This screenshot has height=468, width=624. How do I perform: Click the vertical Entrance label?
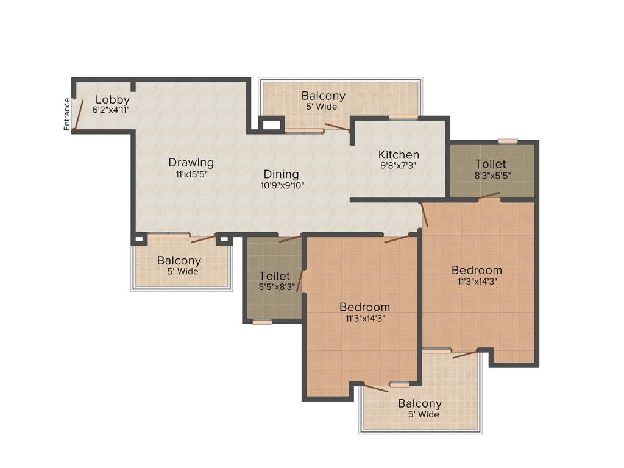pyautogui.click(x=68, y=114)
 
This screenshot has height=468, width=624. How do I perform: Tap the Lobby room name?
pyautogui.click(x=112, y=99)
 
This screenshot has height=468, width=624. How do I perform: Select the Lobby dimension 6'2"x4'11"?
pyautogui.click(x=111, y=110)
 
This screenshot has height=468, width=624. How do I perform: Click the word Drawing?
pyautogui.click(x=191, y=162)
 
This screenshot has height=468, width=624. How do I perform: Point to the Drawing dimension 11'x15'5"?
pyautogui.click(x=191, y=173)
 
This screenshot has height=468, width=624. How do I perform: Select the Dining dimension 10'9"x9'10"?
pyautogui.click(x=282, y=185)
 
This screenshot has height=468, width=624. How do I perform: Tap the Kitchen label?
pyautogui.click(x=399, y=154)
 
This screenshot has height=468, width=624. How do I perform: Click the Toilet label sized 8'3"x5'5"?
pyautogui.click(x=491, y=164)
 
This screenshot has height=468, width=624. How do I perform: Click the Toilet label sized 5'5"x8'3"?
pyautogui.click(x=274, y=276)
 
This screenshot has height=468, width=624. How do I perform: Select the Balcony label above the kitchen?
pyautogui.click(x=323, y=96)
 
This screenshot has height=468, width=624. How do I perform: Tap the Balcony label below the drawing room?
pyautogui.click(x=179, y=261)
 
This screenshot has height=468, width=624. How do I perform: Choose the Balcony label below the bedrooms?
pyautogui.click(x=420, y=403)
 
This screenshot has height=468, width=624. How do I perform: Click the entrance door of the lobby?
pyautogui.click(x=74, y=114)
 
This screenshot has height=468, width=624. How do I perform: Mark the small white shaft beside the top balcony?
pyautogui.click(x=271, y=126)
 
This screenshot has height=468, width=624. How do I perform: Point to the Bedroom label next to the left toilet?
pyautogui.click(x=364, y=307)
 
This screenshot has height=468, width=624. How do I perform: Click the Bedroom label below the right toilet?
pyautogui.click(x=477, y=270)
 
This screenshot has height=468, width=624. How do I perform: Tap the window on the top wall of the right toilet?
pyautogui.click(x=508, y=141)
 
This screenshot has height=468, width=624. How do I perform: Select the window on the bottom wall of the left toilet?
pyautogui.click(x=263, y=322)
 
